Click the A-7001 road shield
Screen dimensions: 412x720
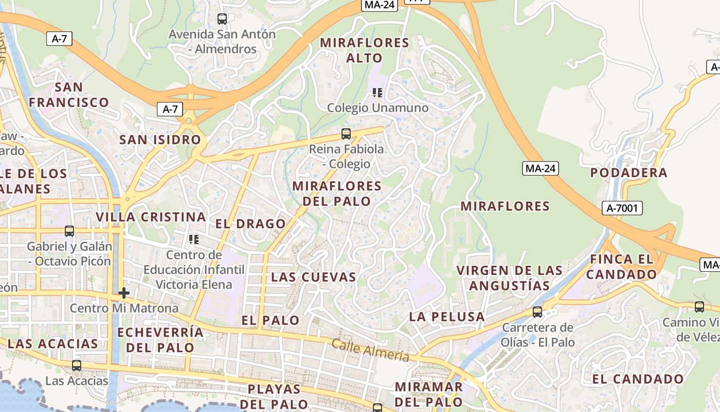tap(622, 208)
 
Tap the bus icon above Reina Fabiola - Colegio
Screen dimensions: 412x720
tap(346, 134)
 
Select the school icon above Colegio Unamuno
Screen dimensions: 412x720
tap(377, 93)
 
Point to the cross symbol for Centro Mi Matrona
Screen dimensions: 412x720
tap(123, 293)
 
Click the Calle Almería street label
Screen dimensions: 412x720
tap(370, 350)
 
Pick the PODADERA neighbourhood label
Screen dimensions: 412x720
tap(628, 173)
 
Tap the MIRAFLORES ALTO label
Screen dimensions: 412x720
tap(364, 50)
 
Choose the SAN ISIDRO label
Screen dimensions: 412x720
tap(160, 140)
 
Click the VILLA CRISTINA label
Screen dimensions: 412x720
tap(151, 217)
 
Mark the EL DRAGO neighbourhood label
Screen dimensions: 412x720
tap(250, 224)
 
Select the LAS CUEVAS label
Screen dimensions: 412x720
tap(314, 277)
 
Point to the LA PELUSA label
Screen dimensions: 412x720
tap(447, 317)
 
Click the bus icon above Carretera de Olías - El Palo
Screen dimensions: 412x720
tap(537, 312)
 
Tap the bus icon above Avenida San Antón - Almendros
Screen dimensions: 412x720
tap(222, 19)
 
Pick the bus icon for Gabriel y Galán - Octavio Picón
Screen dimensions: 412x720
tap(69, 231)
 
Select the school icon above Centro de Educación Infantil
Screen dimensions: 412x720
tap(194, 239)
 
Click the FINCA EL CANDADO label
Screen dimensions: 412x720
tap(621, 267)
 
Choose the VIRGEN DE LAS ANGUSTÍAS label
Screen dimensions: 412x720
tap(510, 278)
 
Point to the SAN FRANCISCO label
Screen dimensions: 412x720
tap(68, 95)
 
